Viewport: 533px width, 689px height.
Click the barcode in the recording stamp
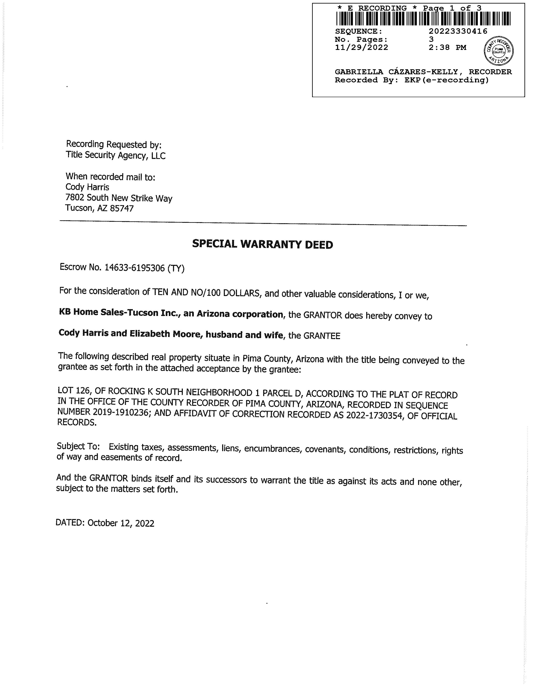pyautogui.click(x=423, y=19)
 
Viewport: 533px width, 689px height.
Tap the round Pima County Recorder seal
pyautogui.click(x=499, y=51)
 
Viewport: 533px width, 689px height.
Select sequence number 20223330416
pyautogui.click(x=458, y=31)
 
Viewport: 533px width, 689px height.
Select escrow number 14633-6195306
pyautogui.click(x=134, y=268)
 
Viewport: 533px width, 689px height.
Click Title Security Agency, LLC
pyautogui.click(x=115, y=155)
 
